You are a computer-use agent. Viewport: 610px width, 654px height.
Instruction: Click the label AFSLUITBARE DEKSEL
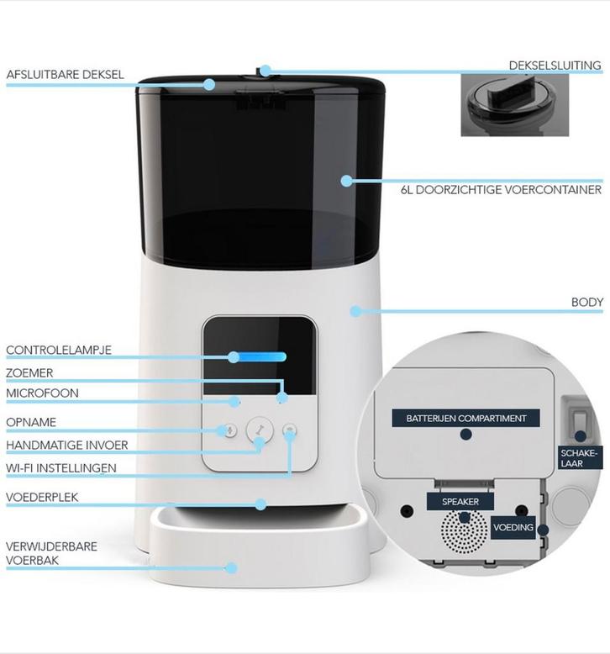click(65, 75)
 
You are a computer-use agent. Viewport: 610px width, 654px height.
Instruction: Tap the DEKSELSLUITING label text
click(555, 66)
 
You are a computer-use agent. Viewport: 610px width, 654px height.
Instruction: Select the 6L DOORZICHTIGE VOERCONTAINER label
click(501, 190)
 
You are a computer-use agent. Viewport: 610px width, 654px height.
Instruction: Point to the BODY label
click(587, 302)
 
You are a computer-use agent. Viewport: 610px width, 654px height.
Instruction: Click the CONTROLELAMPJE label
click(59, 350)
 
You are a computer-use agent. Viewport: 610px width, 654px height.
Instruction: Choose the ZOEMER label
click(29, 373)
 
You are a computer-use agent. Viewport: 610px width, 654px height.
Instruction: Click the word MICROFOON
click(42, 393)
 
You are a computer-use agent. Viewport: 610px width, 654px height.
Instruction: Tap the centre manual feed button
click(260, 430)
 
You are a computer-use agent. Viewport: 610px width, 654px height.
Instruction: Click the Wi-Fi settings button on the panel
click(289, 430)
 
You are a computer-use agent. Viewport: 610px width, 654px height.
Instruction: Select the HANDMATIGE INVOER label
click(66, 445)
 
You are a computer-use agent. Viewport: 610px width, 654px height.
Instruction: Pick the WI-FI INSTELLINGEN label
click(61, 468)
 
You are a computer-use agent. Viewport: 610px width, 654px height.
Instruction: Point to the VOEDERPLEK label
click(42, 497)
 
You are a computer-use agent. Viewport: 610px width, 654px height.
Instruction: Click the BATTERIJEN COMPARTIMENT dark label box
click(465, 418)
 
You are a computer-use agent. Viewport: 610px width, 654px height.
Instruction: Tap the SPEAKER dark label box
click(460, 501)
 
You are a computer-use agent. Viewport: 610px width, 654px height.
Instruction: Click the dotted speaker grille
click(464, 530)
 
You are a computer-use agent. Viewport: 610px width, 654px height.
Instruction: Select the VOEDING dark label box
click(513, 528)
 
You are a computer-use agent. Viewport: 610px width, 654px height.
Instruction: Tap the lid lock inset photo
click(514, 105)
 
